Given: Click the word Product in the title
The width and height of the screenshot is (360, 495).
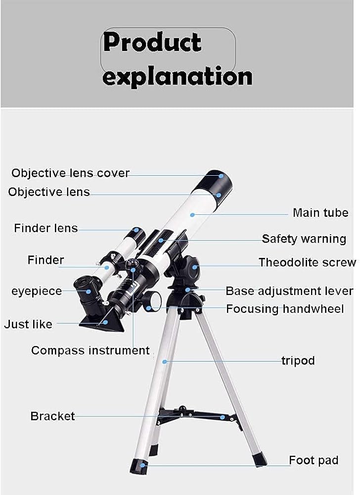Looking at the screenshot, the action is point(152,43).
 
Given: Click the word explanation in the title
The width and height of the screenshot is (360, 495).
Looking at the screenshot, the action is point(177,77).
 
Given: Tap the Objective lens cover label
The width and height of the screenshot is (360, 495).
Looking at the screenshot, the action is point(70,173).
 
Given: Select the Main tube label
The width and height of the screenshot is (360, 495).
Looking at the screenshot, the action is point(320,213).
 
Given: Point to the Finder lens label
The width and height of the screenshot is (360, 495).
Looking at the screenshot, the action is point(46,228).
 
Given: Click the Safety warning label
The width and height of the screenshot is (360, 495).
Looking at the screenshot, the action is point(304,239).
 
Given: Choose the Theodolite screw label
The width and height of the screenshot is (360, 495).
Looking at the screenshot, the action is point(307,262).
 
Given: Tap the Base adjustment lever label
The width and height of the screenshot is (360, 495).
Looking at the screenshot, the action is point(289,291).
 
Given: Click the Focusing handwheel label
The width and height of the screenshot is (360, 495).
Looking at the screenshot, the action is point(284,309).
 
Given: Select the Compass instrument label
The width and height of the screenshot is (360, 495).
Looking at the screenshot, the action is point(90,350).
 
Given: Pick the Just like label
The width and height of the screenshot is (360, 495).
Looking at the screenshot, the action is point(28,325).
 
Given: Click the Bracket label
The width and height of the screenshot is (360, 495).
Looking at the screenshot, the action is point(52,416).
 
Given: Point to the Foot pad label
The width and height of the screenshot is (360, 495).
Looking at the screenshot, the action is point(314,460).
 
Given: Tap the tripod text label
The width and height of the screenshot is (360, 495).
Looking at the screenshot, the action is point(298,360).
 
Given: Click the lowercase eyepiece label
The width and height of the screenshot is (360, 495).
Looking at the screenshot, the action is point(37,291).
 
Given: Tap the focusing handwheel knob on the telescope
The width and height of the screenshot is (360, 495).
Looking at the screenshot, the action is point(151,301).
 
